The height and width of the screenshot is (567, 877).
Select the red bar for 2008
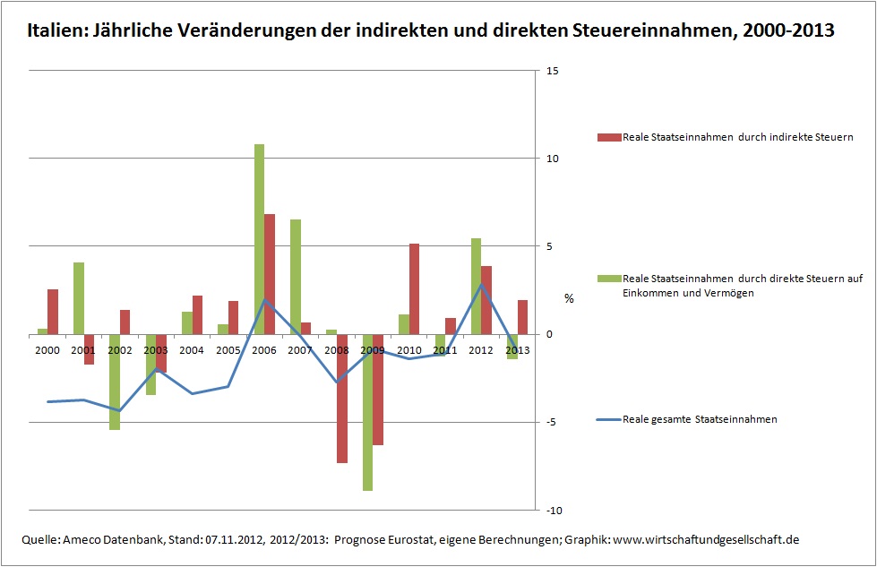tap(341, 399)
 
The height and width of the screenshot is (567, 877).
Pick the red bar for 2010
tap(414, 288)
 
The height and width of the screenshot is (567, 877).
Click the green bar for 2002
tap(115, 382)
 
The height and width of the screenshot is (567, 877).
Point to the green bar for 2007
tap(295, 277)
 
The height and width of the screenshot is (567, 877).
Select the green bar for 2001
tap(79, 298)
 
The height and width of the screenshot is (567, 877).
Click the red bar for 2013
tap(522, 317)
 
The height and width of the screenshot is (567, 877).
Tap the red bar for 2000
tap(53, 312)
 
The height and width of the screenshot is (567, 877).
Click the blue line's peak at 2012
tap(481, 285)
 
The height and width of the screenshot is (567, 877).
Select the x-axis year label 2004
tap(192, 349)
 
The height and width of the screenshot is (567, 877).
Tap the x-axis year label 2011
tap(445, 349)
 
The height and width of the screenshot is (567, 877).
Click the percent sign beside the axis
tap(568, 298)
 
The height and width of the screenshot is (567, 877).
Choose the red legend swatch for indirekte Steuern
tap(608, 137)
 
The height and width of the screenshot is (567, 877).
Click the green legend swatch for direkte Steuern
tap(608, 279)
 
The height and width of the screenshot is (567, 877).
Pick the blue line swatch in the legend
tap(608, 419)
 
